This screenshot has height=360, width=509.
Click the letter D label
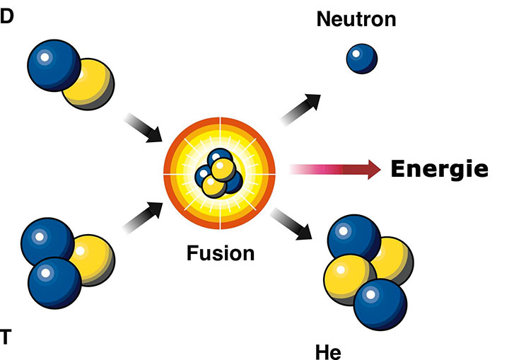(6, 16)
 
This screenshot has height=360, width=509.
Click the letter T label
(6, 336)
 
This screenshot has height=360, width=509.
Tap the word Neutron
(356, 19)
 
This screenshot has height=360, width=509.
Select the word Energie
(440, 169)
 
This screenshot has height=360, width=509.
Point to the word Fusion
(221, 253)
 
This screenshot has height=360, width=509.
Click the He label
(328, 352)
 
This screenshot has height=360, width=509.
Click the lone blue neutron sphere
(362, 59)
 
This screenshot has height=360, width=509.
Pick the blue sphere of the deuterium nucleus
(54, 65)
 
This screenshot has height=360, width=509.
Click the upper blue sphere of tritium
(47, 242)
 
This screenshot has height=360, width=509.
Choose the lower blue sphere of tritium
(55, 283)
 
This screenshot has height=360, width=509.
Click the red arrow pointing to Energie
(334, 169)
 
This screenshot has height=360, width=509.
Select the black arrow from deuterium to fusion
(143, 128)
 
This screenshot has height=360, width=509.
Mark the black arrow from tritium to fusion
(143, 217)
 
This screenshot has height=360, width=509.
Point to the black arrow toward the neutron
(300, 109)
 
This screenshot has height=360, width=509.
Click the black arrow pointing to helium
(291, 224)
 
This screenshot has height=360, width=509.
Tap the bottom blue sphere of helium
(380, 305)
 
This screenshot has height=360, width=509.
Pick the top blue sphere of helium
(354, 240)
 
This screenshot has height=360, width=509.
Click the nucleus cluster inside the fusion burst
(218, 173)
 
